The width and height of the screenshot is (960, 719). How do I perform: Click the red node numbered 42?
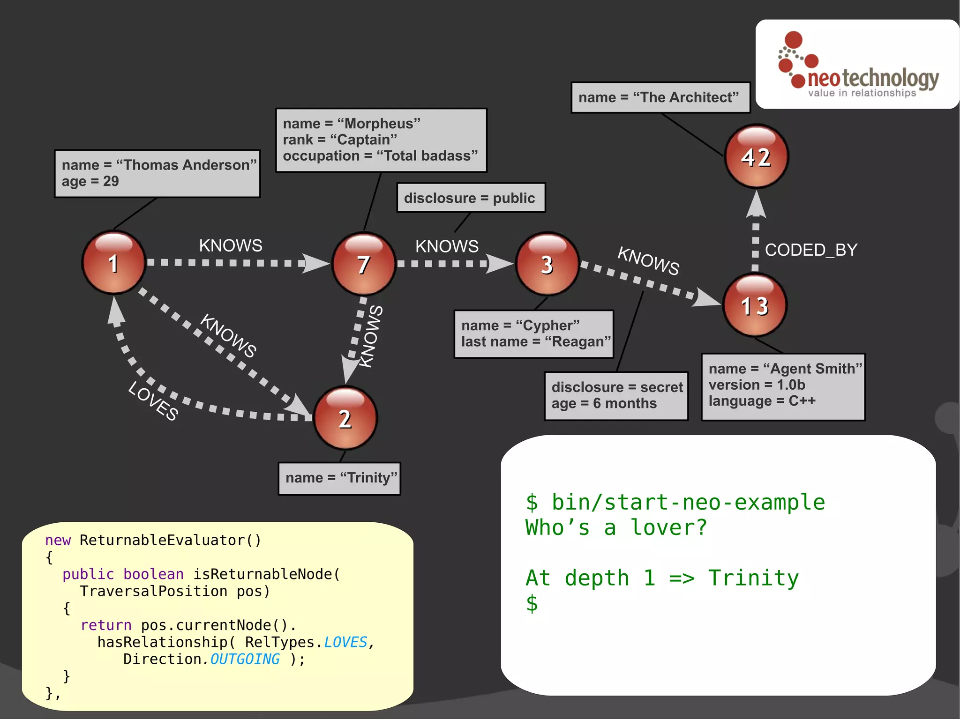pyautogui.click(x=756, y=156)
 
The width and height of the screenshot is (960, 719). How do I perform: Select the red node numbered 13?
pyautogui.click(x=755, y=305)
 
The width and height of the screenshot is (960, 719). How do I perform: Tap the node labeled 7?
pyautogui.click(x=364, y=264)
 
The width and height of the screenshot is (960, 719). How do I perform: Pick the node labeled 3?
pyautogui.click(x=547, y=264)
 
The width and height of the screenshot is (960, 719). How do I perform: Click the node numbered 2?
pyautogui.click(x=345, y=418)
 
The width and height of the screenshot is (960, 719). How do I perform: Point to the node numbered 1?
pyautogui.click(x=113, y=263)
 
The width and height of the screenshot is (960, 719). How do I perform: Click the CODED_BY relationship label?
pyautogui.click(x=811, y=250)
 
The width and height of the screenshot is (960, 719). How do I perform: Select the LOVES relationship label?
pyautogui.click(x=153, y=401)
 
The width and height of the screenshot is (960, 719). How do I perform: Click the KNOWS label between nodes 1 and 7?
pyautogui.click(x=231, y=245)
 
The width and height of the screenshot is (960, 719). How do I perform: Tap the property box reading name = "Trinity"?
pyautogui.click(x=340, y=478)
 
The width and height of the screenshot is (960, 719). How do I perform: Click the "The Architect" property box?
pyautogui.click(x=660, y=97)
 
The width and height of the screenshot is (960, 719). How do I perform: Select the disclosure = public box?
pyautogui.click(x=470, y=198)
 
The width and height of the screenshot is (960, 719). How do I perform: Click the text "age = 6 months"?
pyautogui.click(x=604, y=403)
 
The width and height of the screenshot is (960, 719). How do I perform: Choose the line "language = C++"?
pyautogui.click(x=762, y=401)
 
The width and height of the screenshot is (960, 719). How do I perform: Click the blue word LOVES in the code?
pyautogui.click(x=345, y=642)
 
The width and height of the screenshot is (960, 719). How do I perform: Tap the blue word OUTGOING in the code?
pyautogui.click(x=244, y=659)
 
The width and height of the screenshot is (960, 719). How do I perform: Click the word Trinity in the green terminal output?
pyautogui.click(x=753, y=578)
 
